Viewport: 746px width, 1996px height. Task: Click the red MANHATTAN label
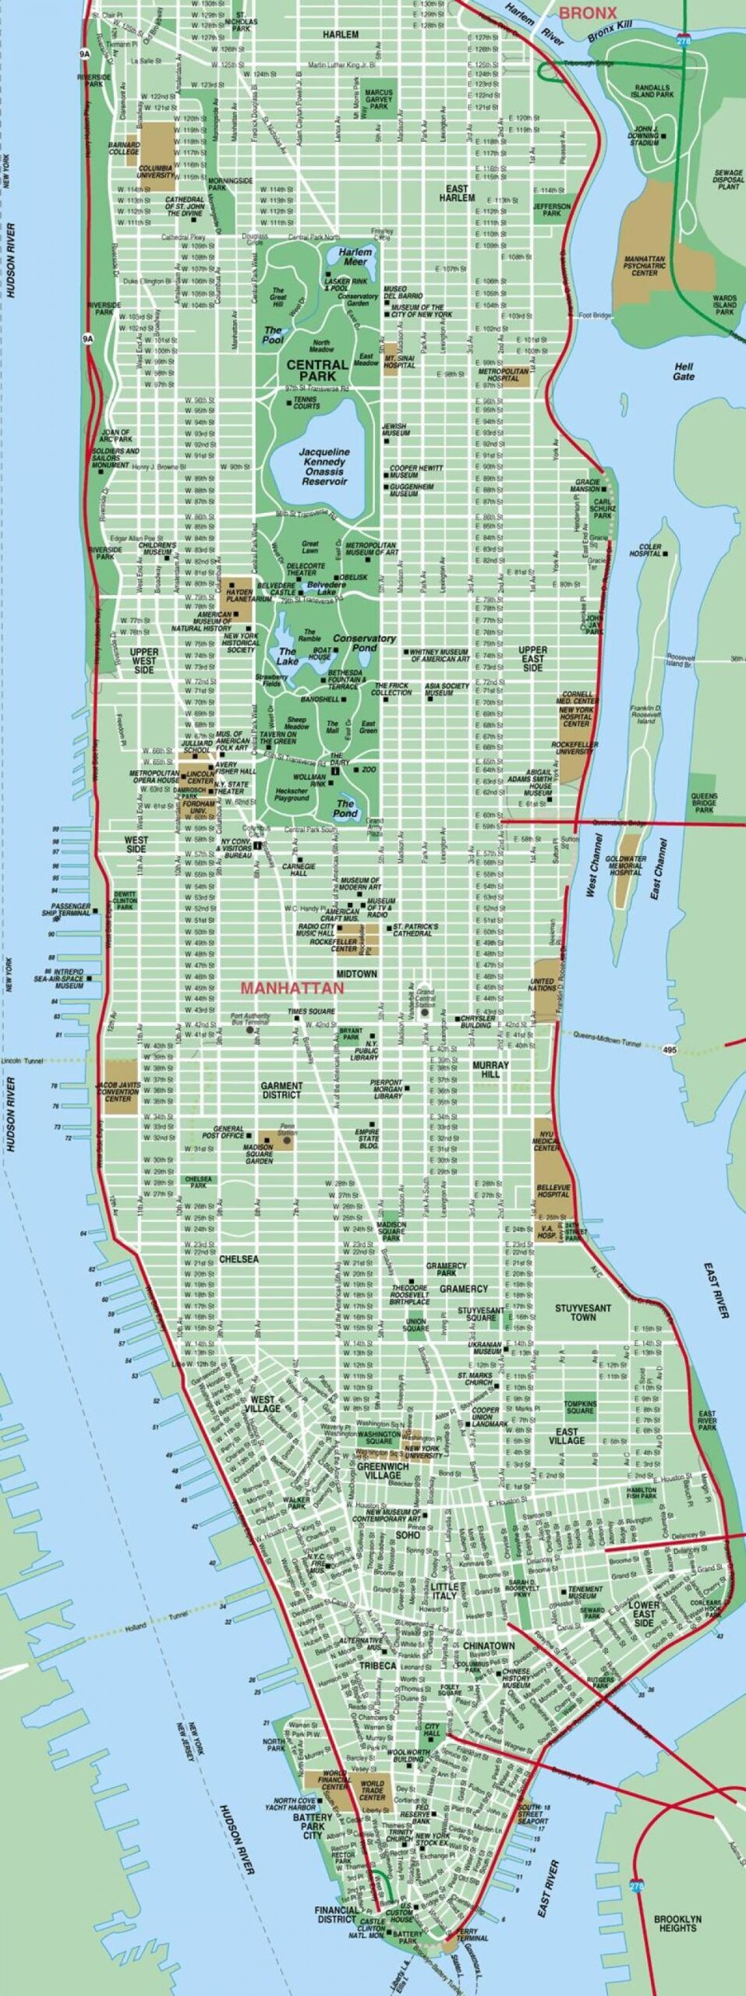click(292, 988)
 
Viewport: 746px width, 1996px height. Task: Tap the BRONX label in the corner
click(588, 12)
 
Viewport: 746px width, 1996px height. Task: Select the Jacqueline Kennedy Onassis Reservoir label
click(324, 466)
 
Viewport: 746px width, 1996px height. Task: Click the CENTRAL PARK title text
click(317, 370)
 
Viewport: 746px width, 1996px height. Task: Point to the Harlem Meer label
click(355, 257)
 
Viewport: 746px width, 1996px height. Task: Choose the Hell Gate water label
click(683, 371)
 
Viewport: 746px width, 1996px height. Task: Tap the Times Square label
click(311, 1011)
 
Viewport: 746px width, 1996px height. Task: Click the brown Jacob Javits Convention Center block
click(121, 1086)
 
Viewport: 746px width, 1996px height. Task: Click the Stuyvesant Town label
click(582, 1312)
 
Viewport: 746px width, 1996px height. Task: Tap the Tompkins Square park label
click(579, 1407)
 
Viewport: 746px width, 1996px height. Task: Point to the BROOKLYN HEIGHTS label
click(677, 1923)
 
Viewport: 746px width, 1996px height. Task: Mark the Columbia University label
click(157, 172)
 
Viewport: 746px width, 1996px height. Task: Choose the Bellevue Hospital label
click(553, 1190)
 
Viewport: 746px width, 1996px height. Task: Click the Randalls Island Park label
click(653, 90)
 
